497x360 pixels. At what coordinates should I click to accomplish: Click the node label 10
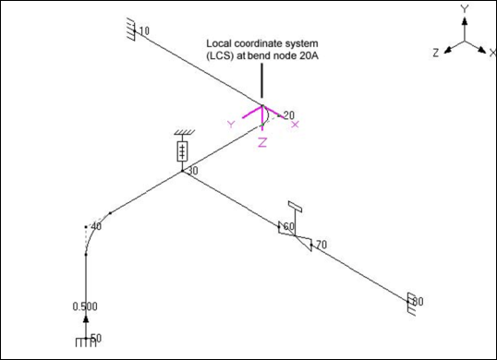144,31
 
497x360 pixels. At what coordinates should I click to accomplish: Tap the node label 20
289,115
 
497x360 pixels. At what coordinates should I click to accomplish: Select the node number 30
193,171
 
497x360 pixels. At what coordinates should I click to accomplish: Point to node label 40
96,227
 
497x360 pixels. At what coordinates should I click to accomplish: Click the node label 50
96,338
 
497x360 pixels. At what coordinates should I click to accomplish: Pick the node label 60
289,226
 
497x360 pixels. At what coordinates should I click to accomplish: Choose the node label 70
321,245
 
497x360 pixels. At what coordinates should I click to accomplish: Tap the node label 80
418,302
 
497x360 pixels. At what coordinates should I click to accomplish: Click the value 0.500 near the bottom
85,306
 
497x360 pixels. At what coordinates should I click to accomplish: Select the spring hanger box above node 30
182,151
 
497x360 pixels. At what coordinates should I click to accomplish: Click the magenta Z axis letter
262,143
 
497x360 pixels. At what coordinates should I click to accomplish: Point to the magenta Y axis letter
231,125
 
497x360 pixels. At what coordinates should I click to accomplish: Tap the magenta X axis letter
295,125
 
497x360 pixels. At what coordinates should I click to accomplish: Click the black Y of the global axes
465,9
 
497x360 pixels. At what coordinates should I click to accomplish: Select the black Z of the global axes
436,53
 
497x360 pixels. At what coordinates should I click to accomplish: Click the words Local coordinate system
262,43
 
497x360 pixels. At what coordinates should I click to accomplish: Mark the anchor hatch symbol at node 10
131,30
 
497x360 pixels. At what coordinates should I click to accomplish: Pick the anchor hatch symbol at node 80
411,304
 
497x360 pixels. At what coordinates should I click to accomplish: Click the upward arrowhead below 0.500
86,319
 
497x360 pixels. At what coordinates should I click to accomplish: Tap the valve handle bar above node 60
295,207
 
